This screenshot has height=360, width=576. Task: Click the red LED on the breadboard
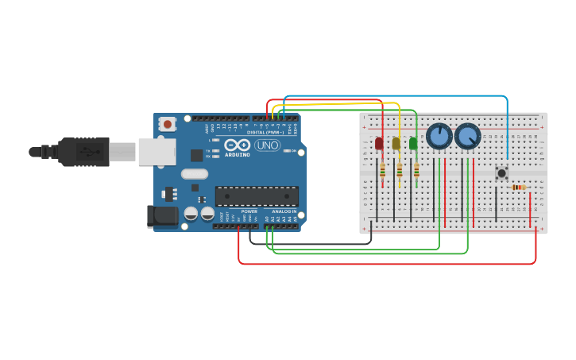coord(378,143)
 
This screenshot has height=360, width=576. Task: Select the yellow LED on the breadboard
coord(396,143)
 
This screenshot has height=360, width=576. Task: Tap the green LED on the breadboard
coord(413,143)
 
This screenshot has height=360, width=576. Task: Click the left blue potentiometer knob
coord(439,137)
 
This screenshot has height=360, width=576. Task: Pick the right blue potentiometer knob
coord(468,137)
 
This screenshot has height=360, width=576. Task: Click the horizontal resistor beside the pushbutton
coord(519,188)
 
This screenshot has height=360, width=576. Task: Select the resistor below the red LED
coord(383,170)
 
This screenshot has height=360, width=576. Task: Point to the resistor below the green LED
coord(416,170)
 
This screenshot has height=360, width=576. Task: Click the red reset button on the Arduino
coord(167,124)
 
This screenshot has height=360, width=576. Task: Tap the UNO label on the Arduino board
coord(266,145)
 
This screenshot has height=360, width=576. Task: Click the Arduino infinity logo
coord(237,145)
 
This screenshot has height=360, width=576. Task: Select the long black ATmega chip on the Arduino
coord(257,195)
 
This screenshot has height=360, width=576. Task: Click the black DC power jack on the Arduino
coord(162,216)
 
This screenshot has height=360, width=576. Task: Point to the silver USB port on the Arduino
coord(157,151)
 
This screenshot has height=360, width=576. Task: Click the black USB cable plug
coord(83,151)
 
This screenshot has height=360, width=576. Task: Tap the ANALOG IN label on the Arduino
coord(283,211)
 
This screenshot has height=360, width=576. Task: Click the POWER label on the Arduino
coord(249,211)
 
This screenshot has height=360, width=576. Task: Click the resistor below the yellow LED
coord(400,170)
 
